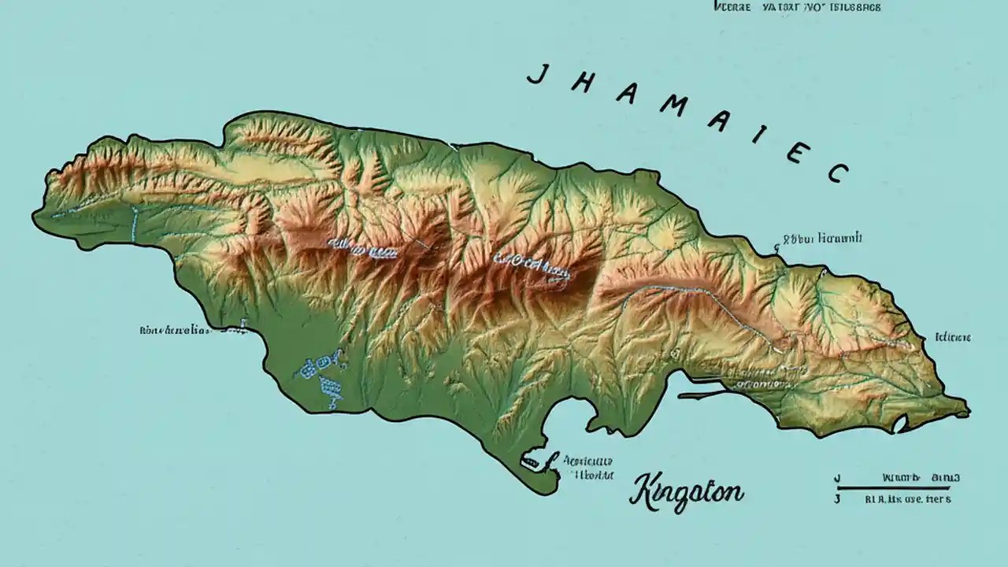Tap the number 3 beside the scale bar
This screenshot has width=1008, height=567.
click(x=837, y=499)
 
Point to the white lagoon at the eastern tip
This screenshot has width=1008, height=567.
click(x=900, y=426)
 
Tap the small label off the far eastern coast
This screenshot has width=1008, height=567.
click(x=952, y=337)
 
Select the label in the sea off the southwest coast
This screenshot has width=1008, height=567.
click(x=175, y=331)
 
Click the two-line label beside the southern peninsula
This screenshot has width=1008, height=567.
click(x=587, y=468)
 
